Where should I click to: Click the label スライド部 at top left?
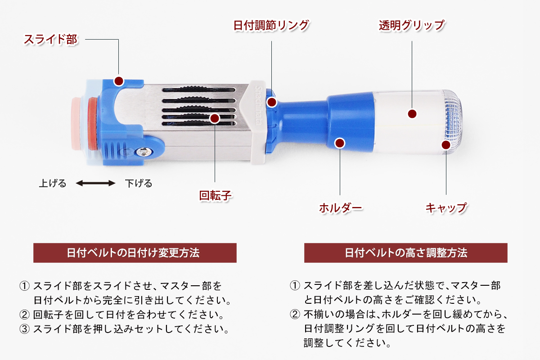50,39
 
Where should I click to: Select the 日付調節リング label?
271,25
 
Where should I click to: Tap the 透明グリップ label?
412,25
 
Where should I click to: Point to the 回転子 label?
215,195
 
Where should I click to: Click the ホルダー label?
340,207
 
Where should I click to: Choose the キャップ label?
446,207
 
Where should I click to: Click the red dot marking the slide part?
119,81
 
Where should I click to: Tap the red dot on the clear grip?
412,114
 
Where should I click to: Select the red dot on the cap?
446,145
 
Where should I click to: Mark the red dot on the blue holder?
340,143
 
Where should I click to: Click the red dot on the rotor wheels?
215,118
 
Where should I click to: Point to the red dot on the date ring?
272,102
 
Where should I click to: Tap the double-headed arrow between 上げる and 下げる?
95,183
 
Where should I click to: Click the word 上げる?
53,183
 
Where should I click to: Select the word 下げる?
139,183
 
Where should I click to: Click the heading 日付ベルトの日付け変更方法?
133,253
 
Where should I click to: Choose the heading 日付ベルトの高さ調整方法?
406,253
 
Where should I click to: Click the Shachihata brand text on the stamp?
258,105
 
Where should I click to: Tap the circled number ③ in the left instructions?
24,329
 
